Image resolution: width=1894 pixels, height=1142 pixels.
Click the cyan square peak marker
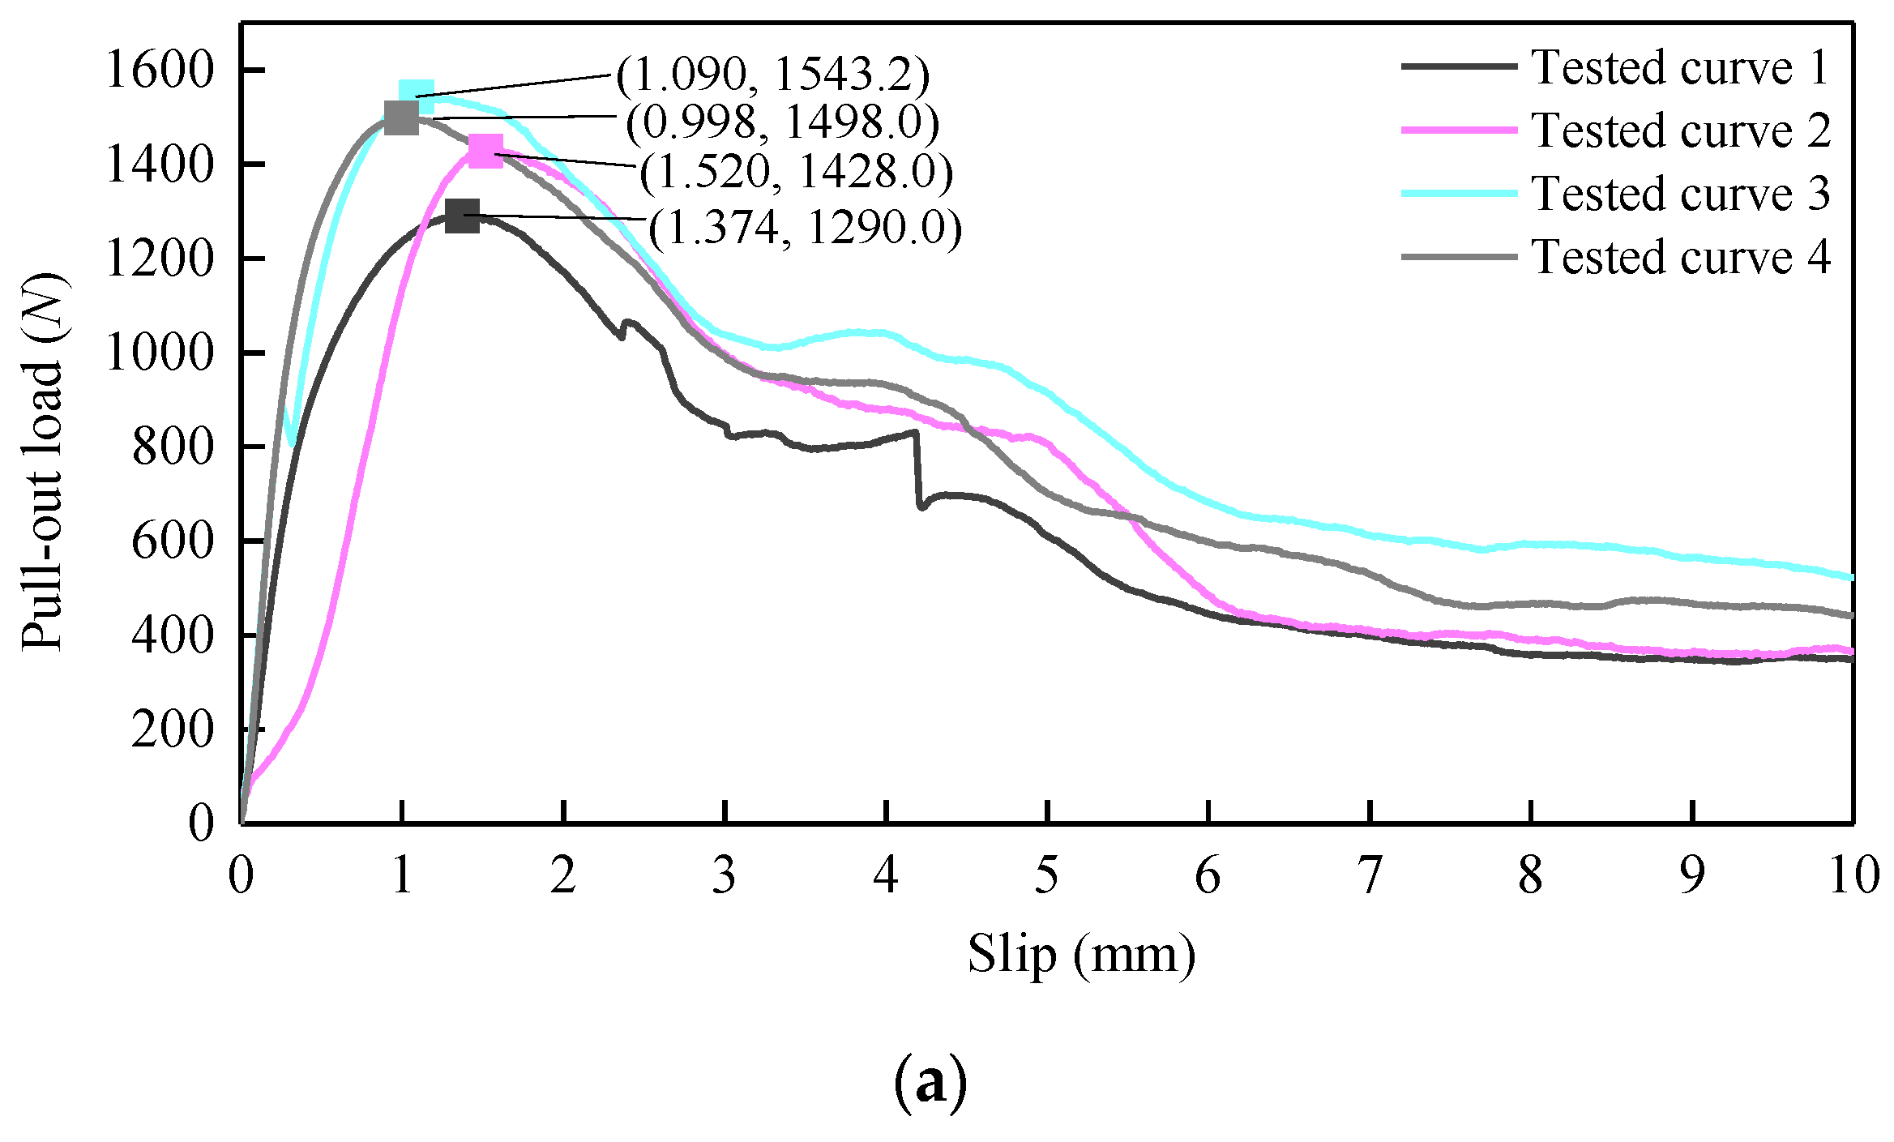point(416,96)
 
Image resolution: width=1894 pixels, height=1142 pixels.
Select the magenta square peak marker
point(485,152)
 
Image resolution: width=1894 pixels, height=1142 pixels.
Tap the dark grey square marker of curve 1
point(462,216)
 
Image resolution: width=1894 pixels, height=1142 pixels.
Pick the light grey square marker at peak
point(401,118)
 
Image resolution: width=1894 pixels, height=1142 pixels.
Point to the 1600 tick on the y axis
point(159,71)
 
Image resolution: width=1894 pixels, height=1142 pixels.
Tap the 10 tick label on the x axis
point(1853,875)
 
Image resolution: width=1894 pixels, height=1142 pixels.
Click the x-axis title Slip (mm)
point(1081,954)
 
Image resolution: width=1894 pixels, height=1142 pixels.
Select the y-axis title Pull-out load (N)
point(42,462)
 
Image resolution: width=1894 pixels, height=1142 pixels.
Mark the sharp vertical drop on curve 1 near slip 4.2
point(918,470)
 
